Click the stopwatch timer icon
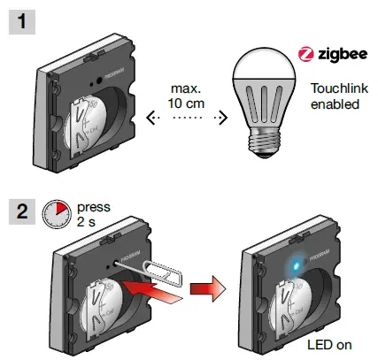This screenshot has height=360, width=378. (x=57, y=212)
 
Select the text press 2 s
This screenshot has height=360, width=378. (x=94, y=212)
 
